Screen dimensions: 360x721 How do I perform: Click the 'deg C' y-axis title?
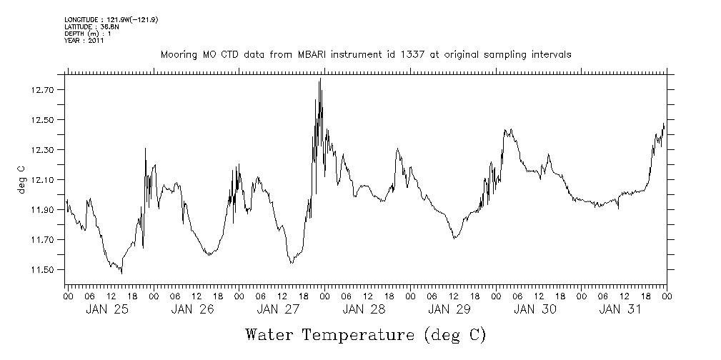click(x=21, y=179)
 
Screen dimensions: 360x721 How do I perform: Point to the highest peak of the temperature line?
click(x=320, y=79)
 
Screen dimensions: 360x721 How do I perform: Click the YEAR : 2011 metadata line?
click(x=85, y=41)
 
